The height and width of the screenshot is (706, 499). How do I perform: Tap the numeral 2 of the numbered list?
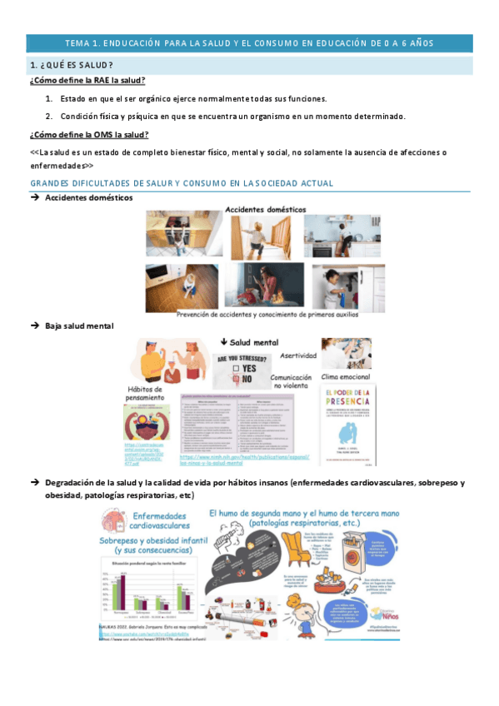point(49,116)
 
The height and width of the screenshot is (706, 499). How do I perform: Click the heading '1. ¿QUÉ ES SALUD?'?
point(72,65)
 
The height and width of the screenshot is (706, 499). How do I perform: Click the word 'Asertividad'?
point(297,355)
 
